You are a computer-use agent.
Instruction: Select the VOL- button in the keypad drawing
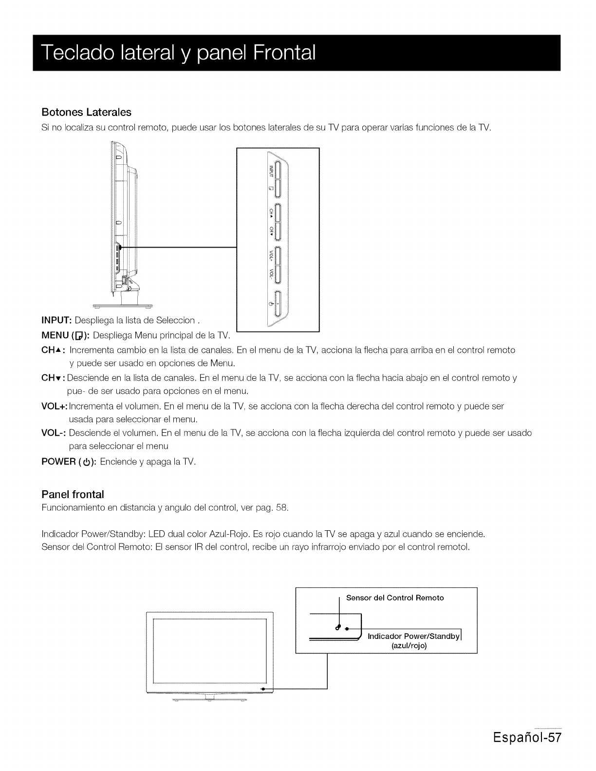pyautogui.click(x=276, y=274)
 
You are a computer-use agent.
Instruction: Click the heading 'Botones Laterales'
pyautogui.click(x=86, y=112)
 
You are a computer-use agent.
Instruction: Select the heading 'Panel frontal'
pyautogui.click(x=73, y=495)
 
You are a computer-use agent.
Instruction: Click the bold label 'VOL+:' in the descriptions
pyautogui.click(x=55, y=405)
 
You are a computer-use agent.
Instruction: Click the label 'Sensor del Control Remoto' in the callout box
pyautogui.click(x=395, y=598)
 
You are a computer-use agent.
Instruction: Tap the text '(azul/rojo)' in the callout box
pyautogui.click(x=409, y=646)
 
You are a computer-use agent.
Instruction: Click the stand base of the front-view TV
pyautogui.click(x=210, y=700)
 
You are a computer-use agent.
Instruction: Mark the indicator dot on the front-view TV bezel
pyautogui.click(x=262, y=689)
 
